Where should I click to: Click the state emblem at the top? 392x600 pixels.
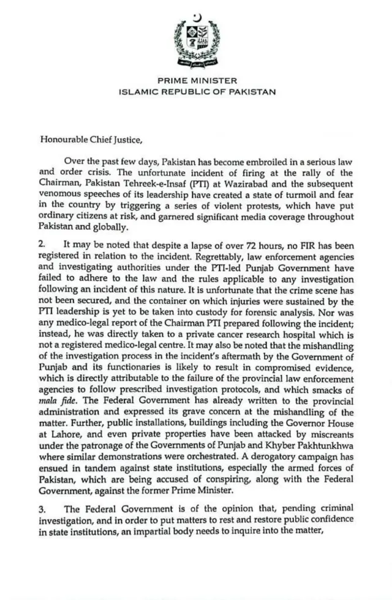tap(197, 45)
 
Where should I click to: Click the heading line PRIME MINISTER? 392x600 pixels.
tap(197, 81)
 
